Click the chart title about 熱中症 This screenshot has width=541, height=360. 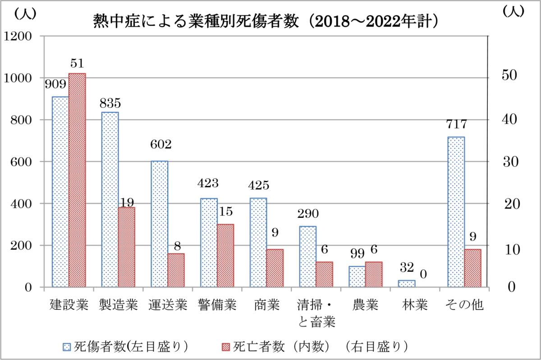pos(266,21)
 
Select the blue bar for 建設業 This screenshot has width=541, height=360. pos(60,192)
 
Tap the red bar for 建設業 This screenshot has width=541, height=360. pos(77,180)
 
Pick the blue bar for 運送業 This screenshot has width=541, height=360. pos(159,224)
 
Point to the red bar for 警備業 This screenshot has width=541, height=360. pos(225,255)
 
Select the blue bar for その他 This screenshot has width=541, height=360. pos(456,212)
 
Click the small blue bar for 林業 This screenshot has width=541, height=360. pos(407,283)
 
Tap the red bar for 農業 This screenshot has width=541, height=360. pos(374,274)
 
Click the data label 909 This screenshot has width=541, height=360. pos(55,84)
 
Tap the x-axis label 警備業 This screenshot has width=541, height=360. pos(217,305)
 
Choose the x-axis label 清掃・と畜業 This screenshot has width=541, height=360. pos(316,313)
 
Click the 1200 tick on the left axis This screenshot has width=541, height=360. pos(20,36)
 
